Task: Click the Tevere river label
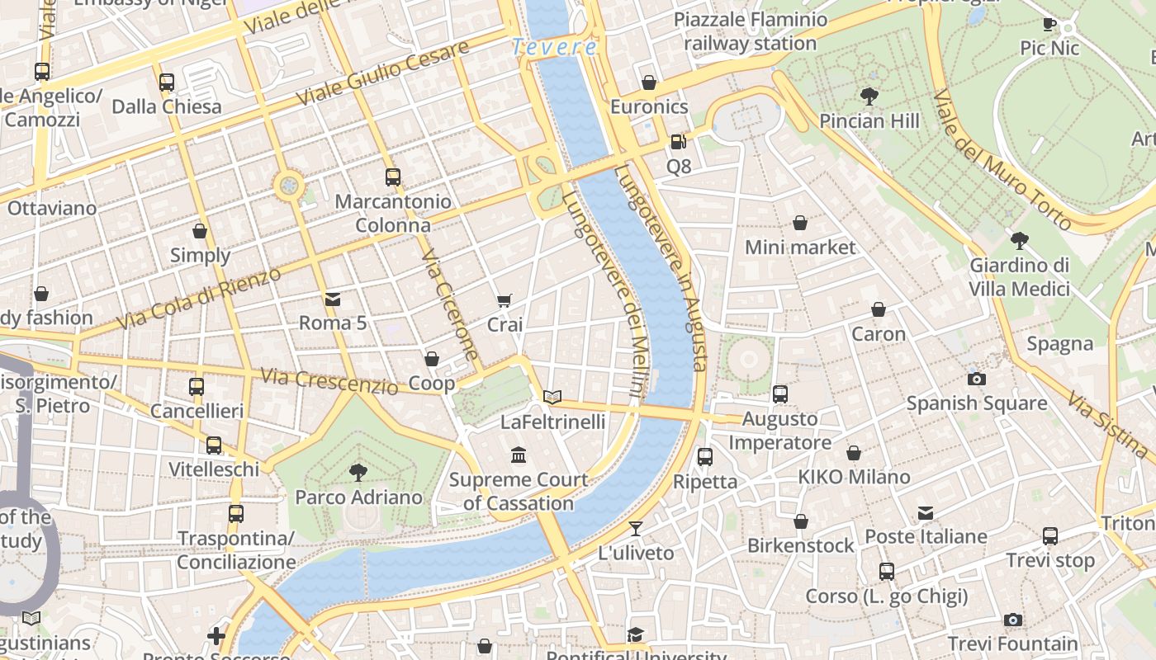point(554,47)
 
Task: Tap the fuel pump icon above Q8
point(678,142)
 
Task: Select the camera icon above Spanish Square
point(976,379)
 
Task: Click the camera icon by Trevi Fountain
point(1012,620)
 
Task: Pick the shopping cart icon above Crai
point(505,300)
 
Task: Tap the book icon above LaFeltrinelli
point(552,397)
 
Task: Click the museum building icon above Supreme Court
point(519,455)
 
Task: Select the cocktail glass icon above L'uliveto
point(635,528)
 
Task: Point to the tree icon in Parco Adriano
point(358,472)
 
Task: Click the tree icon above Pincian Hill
point(869,97)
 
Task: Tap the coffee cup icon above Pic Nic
point(1049,24)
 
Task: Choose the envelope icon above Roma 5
point(333,299)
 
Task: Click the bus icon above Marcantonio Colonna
point(393,177)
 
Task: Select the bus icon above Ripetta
point(704,456)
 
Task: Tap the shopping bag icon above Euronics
point(649,82)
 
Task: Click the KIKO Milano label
point(854,477)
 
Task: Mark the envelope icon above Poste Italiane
point(926,513)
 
